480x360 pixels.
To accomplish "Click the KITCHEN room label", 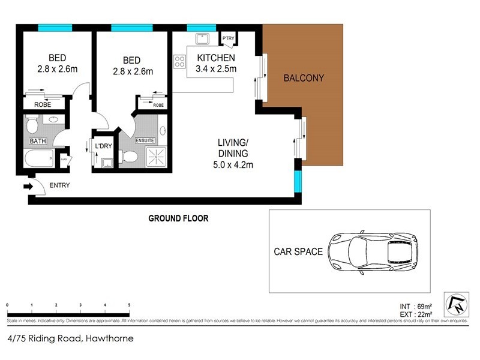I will (216, 58).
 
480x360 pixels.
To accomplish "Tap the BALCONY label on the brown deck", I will (304, 78).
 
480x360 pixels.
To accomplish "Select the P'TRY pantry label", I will (229, 40).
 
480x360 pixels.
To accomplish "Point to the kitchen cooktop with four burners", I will (179, 61).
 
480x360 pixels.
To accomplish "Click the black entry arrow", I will (27, 187).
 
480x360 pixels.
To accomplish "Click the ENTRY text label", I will (59, 185).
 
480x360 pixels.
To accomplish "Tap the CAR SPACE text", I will (298, 251).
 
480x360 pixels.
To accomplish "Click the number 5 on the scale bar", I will (129, 305).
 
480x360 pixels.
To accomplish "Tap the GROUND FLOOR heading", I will (178, 218).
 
